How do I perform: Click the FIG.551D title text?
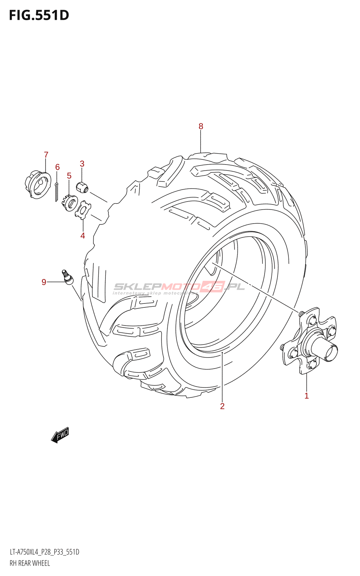pos(39,15)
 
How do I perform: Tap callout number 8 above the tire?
pos(201,126)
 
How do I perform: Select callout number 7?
pos(46,155)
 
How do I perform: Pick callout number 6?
pos(57,167)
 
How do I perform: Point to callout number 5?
pos(69,176)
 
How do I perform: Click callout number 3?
pos(82,163)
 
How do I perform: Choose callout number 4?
pos(82,235)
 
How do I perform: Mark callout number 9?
pos(44,282)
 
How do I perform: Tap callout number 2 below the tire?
pos(222,406)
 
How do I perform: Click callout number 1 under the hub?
pos(306,396)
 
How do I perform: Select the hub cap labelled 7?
pos(38,185)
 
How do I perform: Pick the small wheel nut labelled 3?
pos(82,187)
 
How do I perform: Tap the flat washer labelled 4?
pos(83,211)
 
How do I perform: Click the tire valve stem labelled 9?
pos(67,277)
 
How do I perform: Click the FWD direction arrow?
pos(60,435)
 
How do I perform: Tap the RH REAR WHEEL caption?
pos(30,563)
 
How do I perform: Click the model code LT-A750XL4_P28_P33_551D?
pos(45,552)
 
